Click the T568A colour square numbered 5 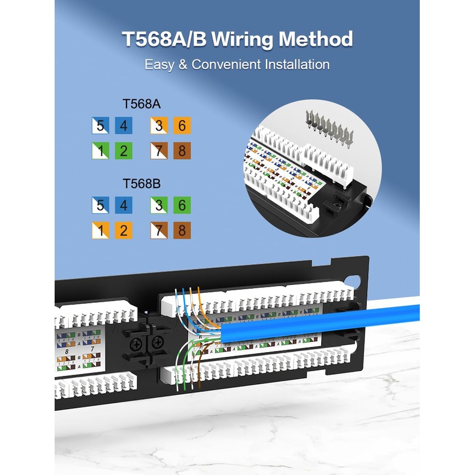pos(100,126)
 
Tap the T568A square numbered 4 pos(123,126)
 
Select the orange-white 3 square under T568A pos(159,126)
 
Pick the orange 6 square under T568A pos(181,126)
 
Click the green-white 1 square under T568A pos(100,151)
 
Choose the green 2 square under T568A pos(123,151)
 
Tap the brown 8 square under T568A pos(181,151)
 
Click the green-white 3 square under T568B pos(159,205)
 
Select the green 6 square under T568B pos(181,205)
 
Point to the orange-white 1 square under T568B pos(100,230)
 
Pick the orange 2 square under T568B pos(123,230)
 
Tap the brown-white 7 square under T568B pos(159,230)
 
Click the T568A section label pos(142,104)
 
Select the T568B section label pos(142,183)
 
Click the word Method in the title pos(316,39)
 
